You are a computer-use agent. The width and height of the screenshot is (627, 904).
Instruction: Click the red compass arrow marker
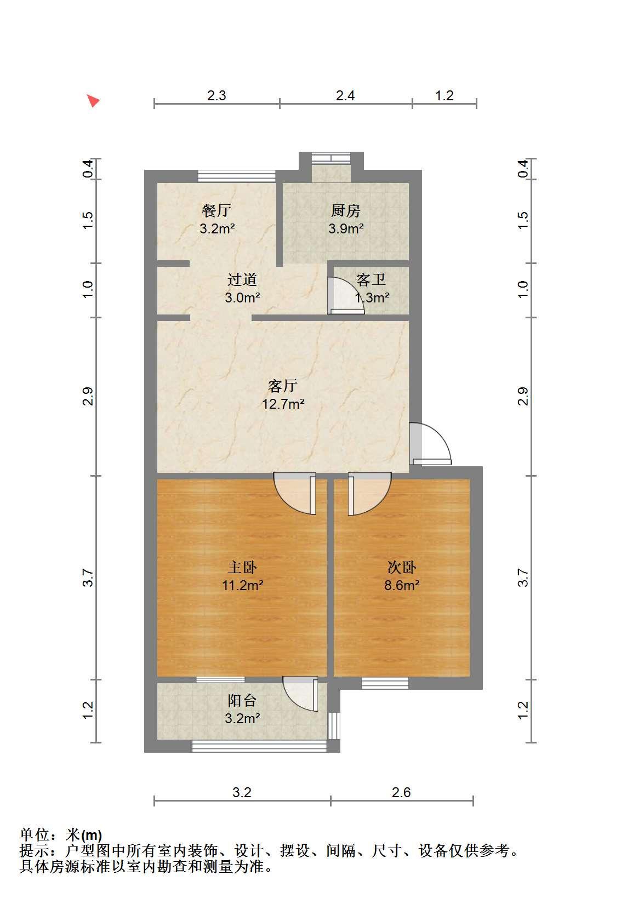tap(94, 100)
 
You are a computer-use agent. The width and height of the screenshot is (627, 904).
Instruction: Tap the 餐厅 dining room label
tap(216, 210)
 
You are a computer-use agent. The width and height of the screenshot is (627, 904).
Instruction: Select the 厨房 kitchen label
tap(346, 210)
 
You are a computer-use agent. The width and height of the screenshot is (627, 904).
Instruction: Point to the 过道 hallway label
tap(242, 279)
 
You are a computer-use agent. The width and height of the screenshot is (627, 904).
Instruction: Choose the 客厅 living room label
tap(283, 386)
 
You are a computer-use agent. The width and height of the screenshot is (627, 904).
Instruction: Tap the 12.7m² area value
tap(283, 404)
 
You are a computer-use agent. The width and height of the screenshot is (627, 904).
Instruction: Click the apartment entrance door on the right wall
tap(430, 444)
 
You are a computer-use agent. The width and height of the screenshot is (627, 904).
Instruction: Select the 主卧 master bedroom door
tap(294, 494)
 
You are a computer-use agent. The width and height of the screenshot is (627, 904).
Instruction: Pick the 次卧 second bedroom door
tap(370, 494)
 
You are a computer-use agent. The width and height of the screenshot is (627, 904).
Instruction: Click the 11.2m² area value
tap(242, 585)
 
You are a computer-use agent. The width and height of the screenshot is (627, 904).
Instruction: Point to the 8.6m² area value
tap(401, 585)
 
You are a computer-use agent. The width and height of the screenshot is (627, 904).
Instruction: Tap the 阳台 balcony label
tap(242, 700)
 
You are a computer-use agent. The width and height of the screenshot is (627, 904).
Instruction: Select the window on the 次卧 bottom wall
tap(385, 683)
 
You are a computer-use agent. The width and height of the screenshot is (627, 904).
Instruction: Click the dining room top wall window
tap(237, 176)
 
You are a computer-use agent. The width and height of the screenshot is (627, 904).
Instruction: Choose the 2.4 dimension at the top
tap(345, 96)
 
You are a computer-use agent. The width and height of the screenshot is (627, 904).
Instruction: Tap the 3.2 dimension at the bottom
tap(242, 793)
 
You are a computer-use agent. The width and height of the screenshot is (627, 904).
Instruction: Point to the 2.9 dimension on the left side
tap(88, 396)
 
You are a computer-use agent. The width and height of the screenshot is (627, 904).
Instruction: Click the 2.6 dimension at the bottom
tap(401, 793)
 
